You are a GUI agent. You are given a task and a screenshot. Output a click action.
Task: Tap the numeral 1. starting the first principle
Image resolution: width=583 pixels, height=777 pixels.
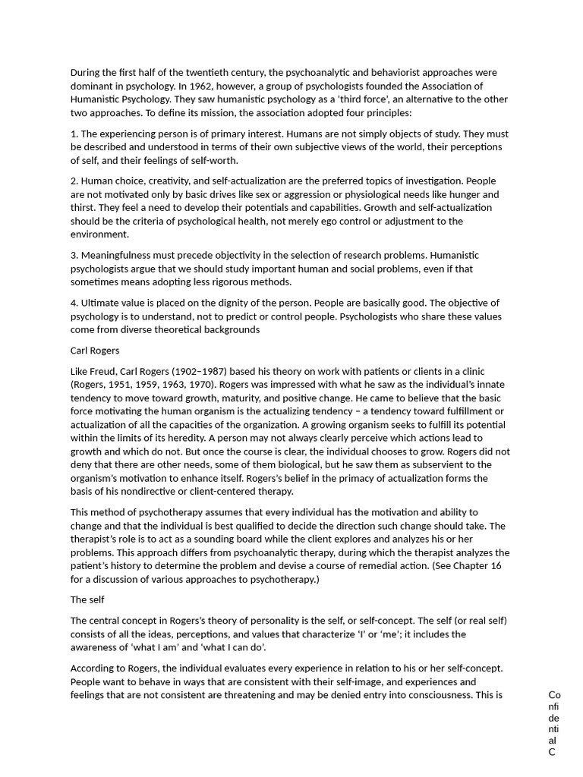[74, 134]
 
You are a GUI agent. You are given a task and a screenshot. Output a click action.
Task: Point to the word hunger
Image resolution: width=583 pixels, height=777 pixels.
[468, 194]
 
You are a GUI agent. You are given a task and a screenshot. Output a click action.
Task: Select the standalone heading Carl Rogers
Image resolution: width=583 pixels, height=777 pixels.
[95, 351]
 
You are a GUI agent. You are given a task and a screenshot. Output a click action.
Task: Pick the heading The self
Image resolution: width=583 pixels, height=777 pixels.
[87, 599]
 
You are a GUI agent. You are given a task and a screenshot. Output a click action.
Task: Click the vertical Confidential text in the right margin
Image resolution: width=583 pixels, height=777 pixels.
[554, 723]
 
